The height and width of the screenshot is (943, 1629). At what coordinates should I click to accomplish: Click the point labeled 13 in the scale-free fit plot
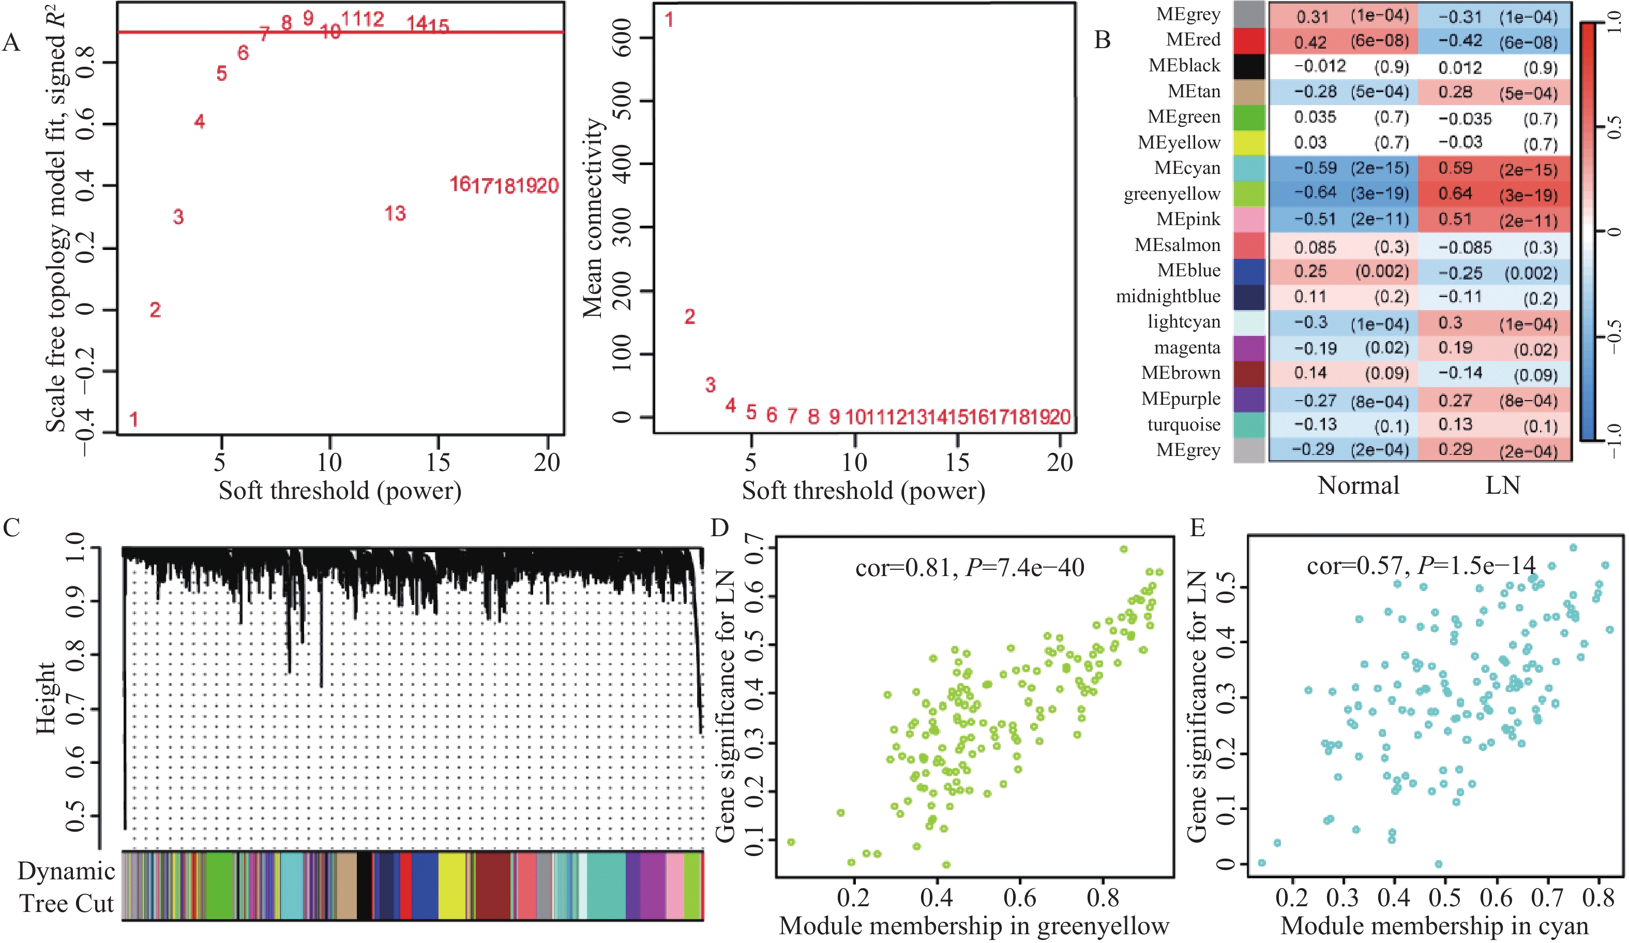pyautogui.click(x=395, y=213)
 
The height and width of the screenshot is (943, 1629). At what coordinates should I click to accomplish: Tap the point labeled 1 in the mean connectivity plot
pyautogui.click(x=669, y=20)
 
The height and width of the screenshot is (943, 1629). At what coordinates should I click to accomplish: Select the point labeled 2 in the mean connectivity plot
pyautogui.click(x=690, y=317)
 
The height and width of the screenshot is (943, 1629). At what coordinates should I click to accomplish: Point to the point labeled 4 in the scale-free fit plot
pyautogui.click(x=199, y=122)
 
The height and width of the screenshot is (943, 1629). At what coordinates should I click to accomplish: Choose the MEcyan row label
pyautogui.click(x=1187, y=168)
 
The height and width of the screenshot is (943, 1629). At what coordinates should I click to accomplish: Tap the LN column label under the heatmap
pyautogui.click(x=1502, y=485)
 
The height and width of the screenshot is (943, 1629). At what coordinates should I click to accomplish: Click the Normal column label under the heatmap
pyautogui.click(x=1358, y=485)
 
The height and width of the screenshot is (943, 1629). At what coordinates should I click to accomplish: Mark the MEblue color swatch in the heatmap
pyautogui.click(x=1249, y=272)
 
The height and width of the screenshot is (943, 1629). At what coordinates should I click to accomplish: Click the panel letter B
pyautogui.click(x=1102, y=40)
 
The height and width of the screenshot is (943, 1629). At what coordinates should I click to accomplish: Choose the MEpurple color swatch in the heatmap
pyautogui.click(x=1249, y=400)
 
